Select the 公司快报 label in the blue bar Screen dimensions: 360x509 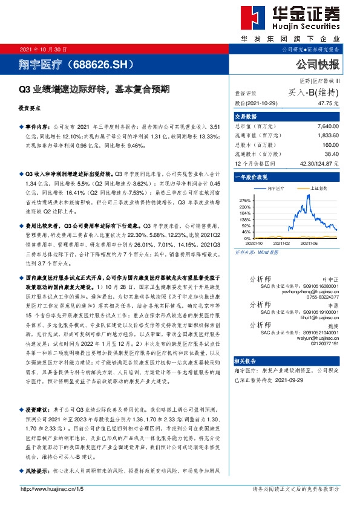[x=318, y=63]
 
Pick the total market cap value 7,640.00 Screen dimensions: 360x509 [x=327, y=128]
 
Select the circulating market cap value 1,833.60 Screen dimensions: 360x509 [x=327, y=137]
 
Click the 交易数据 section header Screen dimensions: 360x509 [x=246, y=117]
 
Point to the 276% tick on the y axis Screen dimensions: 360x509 [x=245, y=199]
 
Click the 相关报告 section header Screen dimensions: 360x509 [x=246, y=360]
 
